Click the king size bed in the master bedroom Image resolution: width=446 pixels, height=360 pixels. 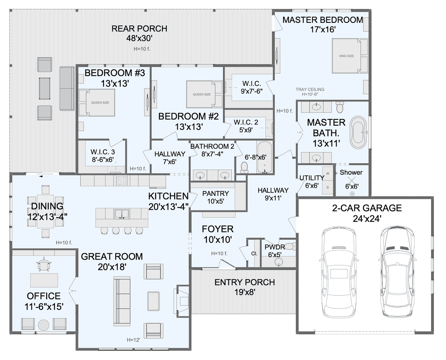point(350,56)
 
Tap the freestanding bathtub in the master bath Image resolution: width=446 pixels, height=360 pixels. point(358,132)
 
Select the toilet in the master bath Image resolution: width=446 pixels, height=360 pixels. point(340,107)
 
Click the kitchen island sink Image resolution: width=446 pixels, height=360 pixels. point(122,214)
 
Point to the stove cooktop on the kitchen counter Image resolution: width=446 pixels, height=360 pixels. point(122,181)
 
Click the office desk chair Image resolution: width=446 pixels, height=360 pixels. point(44,266)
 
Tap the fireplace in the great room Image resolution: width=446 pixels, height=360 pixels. point(183,301)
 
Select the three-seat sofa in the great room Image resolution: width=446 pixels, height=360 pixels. point(122,301)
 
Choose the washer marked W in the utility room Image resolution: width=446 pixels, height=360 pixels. point(328,174)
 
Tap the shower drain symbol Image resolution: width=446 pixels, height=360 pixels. point(352,194)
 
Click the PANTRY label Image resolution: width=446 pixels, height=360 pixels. point(215,193)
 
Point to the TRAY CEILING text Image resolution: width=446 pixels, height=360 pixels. point(310,89)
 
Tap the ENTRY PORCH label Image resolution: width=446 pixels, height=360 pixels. point(244,282)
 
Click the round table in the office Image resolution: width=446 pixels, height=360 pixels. point(43,325)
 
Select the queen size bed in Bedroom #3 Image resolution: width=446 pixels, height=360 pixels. point(97,103)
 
